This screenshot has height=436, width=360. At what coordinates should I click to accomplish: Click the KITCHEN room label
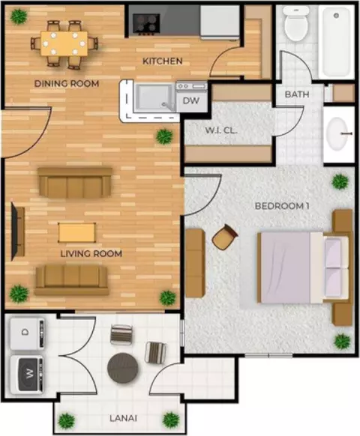click(162, 61)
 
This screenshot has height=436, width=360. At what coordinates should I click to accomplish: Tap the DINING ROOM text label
click(67, 83)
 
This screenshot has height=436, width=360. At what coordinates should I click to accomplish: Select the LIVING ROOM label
click(91, 254)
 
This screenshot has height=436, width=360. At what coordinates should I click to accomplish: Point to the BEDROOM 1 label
click(282, 206)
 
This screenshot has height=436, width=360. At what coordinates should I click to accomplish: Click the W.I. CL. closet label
click(221, 130)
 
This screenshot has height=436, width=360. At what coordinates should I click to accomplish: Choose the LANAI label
click(123, 418)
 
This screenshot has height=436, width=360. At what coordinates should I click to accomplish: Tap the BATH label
click(297, 94)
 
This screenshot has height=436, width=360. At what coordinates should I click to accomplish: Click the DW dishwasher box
click(191, 100)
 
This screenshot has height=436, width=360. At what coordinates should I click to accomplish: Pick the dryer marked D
click(27, 333)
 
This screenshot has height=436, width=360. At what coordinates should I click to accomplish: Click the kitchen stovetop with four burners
click(146, 24)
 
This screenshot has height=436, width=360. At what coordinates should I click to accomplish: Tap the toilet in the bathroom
click(296, 23)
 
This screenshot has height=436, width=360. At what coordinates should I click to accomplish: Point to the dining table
click(64, 43)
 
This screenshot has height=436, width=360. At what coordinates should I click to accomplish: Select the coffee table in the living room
click(76, 232)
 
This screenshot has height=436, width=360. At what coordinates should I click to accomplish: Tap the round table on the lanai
click(123, 367)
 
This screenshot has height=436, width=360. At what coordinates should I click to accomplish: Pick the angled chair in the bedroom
click(225, 237)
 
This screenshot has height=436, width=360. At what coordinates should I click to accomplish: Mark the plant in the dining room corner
click(19, 16)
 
